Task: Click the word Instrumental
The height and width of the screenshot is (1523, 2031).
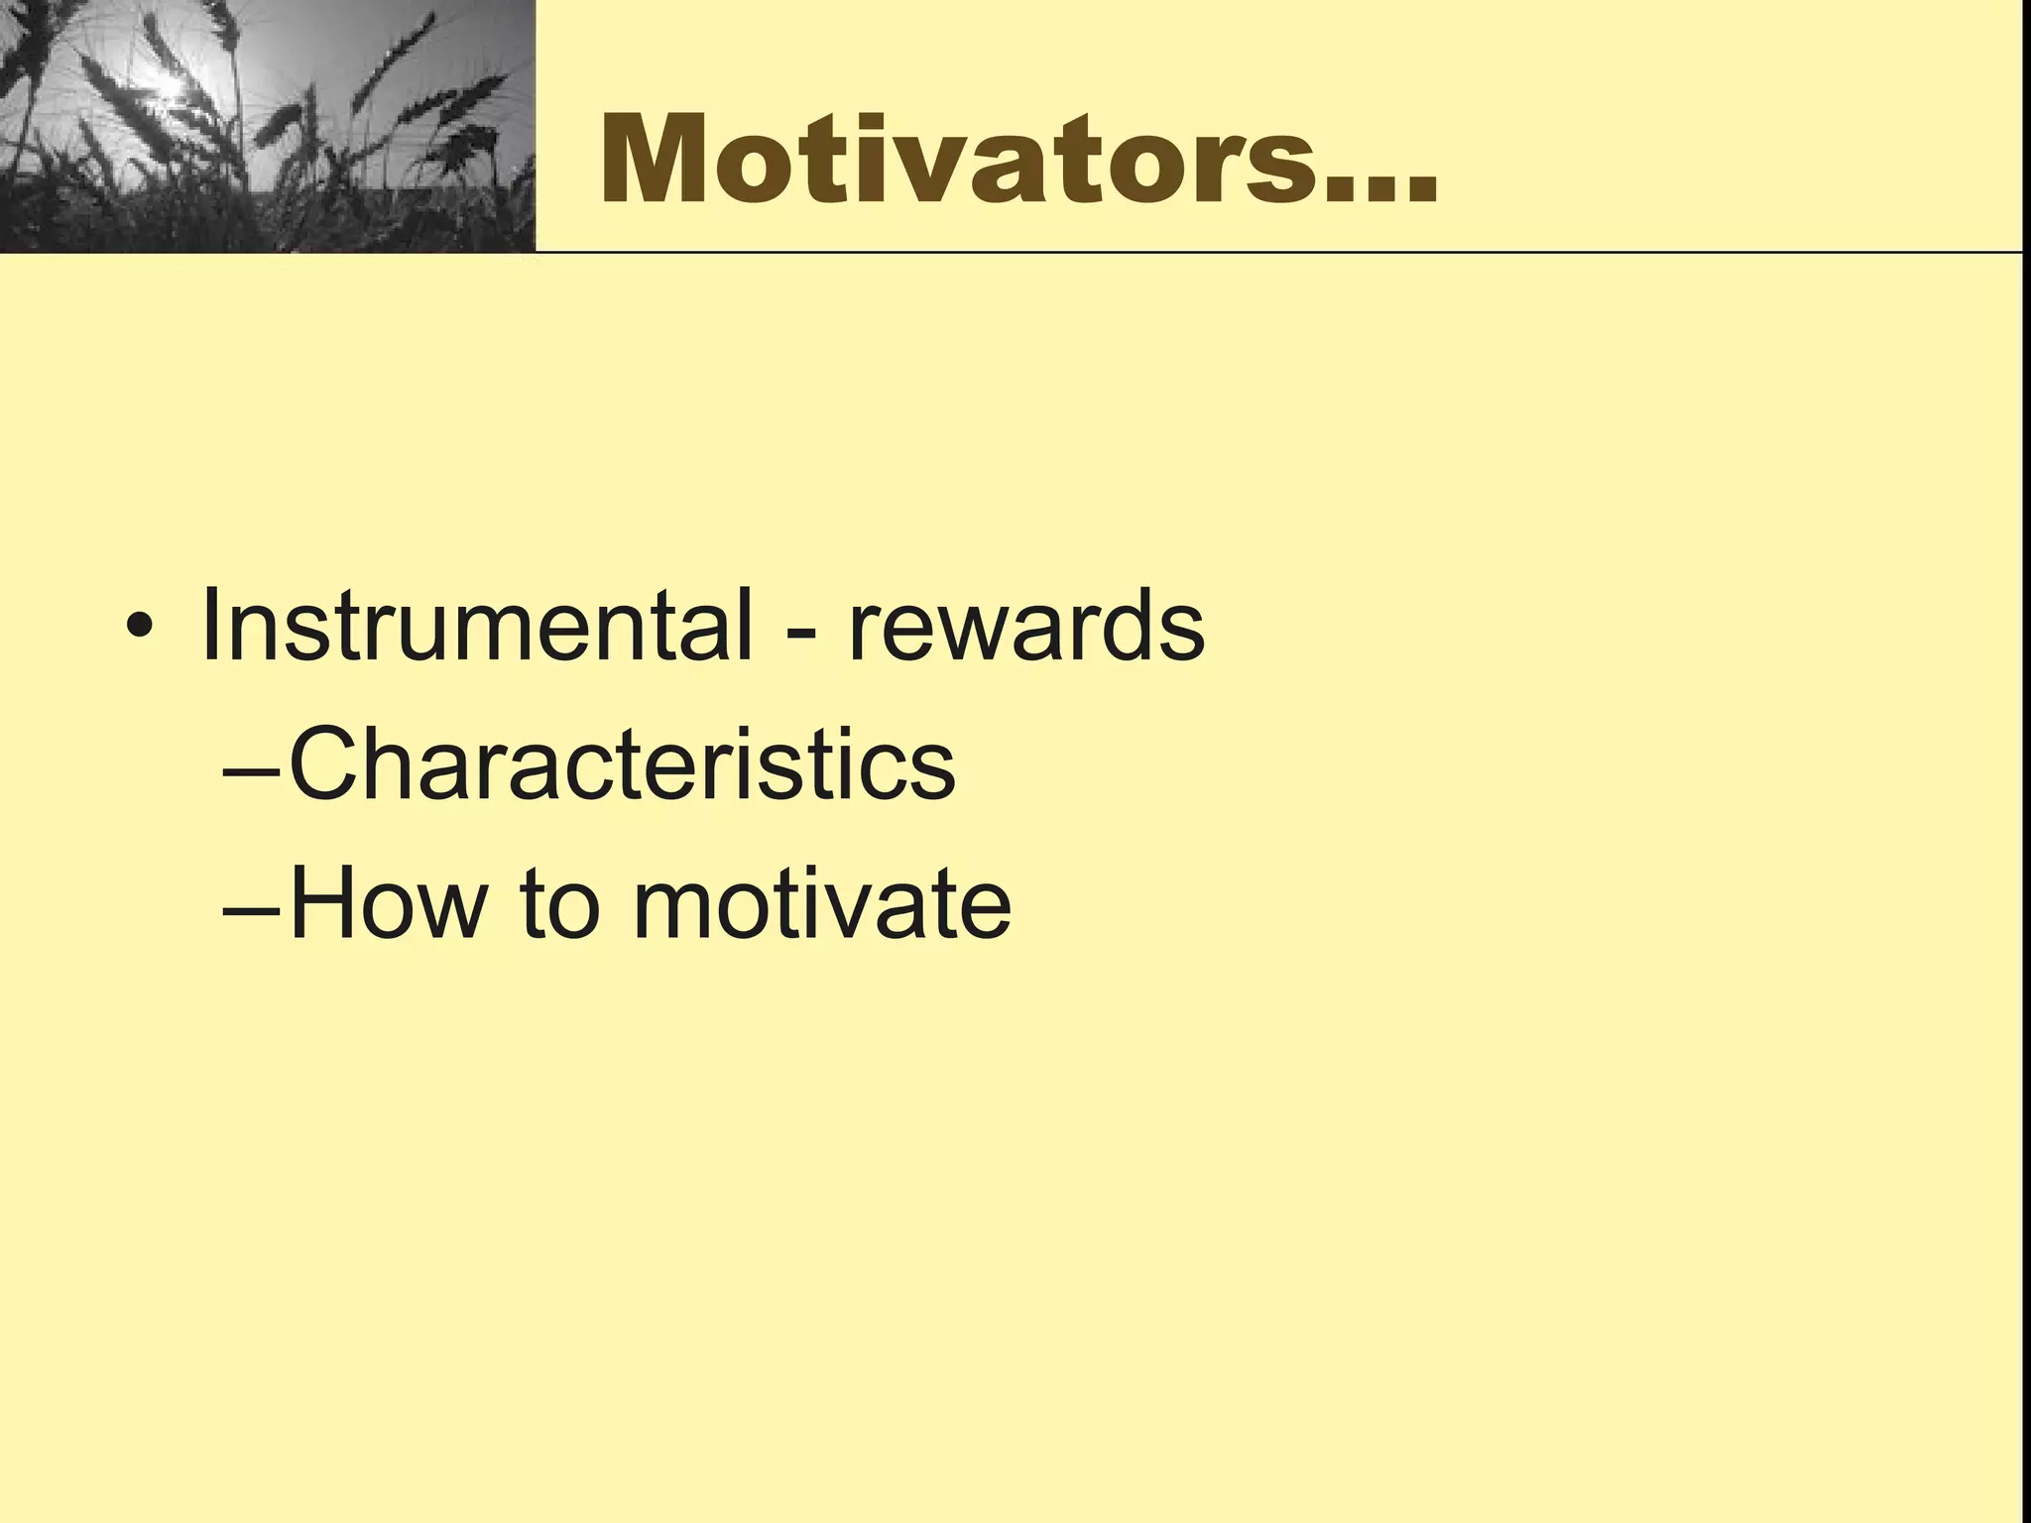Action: (x=476, y=627)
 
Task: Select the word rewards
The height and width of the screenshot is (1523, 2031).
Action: (x=1026, y=627)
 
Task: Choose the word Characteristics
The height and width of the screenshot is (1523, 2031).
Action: (x=622, y=763)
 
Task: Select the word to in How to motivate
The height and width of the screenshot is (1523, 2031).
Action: (x=560, y=904)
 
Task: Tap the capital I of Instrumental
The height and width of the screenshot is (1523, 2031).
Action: (x=210, y=627)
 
